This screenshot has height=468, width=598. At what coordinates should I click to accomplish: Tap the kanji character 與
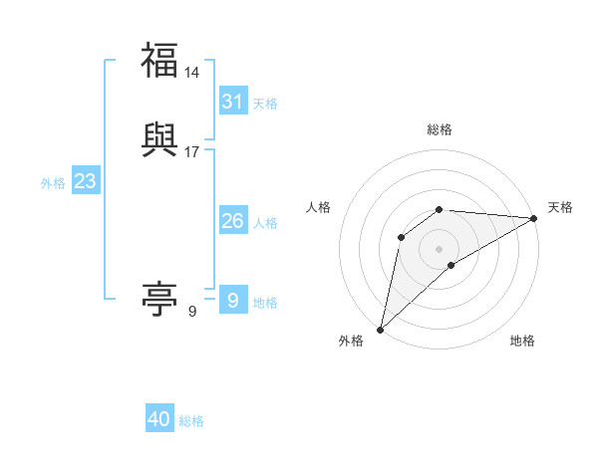pyautogui.click(x=159, y=138)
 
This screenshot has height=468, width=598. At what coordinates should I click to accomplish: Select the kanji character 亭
pyautogui.click(x=159, y=299)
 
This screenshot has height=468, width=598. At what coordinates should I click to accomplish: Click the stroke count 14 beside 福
pyautogui.click(x=192, y=72)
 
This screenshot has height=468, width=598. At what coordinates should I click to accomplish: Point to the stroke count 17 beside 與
pyautogui.click(x=192, y=151)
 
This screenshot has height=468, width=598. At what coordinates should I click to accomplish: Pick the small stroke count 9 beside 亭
pyautogui.click(x=192, y=312)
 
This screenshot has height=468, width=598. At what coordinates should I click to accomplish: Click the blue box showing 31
pyautogui.click(x=233, y=102)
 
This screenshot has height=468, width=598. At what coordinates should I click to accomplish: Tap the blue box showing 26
pyautogui.click(x=233, y=221)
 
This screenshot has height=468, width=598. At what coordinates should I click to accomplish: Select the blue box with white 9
pyautogui.click(x=233, y=301)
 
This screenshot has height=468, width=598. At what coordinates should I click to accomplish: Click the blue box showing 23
pyautogui.click(x=85, y=181)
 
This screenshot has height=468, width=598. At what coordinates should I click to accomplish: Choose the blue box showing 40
pyautogui.click(x=159, y=419)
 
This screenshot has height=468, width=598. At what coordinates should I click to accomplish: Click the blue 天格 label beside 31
pyautogui.click(x=265, y=104)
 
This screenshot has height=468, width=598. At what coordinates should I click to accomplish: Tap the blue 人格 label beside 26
pyautogui.click(x=265, y=223)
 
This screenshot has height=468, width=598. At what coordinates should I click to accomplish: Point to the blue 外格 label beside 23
pyautogui.click(x=53, y=183)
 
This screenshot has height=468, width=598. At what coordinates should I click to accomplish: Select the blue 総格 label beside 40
pyautogui.click(x=191, y=421)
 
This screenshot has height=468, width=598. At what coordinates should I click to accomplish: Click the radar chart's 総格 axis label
pyautogui.click(x=440, y=129)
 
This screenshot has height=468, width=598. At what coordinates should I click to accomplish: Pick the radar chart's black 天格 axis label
pyautogui.click(x=560, y=207)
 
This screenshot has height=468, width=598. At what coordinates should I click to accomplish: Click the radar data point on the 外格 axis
pyautogui.click(x=380, y=330)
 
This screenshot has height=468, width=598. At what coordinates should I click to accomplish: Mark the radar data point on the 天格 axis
pyautogui.click(x=534, y=218)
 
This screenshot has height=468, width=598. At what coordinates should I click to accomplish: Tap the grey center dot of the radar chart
pyautogui.click(x=440, y=248)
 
